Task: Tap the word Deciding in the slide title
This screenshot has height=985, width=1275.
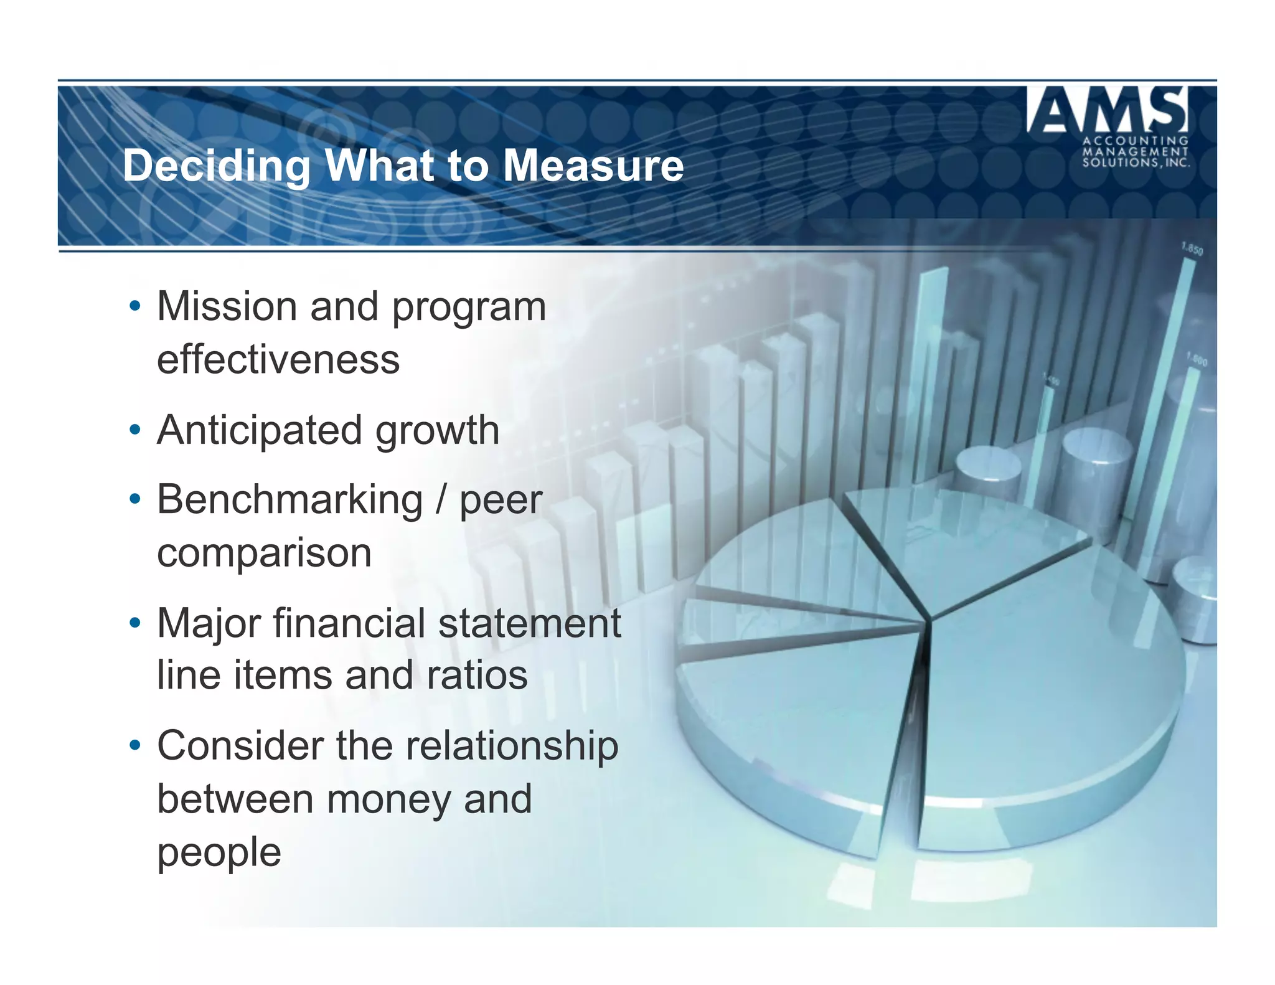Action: pyautogui.click(x=216, y=167)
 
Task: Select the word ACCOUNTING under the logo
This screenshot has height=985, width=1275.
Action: pyautogui.click(x=1136, y=141)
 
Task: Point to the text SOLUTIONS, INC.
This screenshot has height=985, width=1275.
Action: pyautogui.click(x=1136, y=163)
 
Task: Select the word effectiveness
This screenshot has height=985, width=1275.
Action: pyautogui.click(x=278, y=360)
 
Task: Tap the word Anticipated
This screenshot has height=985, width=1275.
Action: pyautogui.click(x=259, y=431)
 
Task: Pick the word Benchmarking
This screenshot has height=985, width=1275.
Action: pyautogui.click(x=289, y=500)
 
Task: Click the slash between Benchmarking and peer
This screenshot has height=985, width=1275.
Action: pyautogui.click(x=441, y=500)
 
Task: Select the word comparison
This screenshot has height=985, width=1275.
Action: pyautogui.click(x=264, y=553)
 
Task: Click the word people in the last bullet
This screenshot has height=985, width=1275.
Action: pyautogui.click(x=219, y=852)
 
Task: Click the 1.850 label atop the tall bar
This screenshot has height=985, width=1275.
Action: pyautogui.click(x=1192, y=249)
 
